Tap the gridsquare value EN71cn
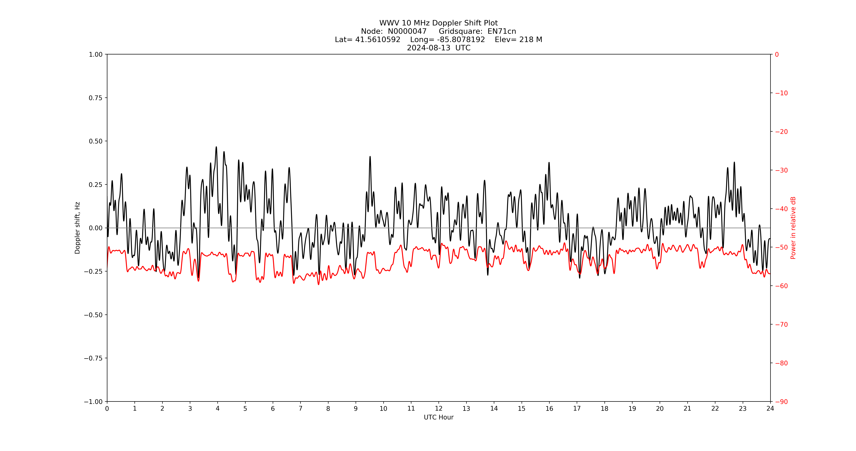502,31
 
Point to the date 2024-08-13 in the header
429,48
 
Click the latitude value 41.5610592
378,40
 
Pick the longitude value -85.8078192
461,40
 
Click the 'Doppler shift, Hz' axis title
77,228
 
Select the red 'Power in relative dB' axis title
793,228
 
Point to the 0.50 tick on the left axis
96,141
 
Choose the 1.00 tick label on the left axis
96,54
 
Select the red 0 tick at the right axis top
777,54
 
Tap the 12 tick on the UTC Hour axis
439,408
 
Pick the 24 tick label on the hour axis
770,408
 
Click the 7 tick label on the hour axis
300,408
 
